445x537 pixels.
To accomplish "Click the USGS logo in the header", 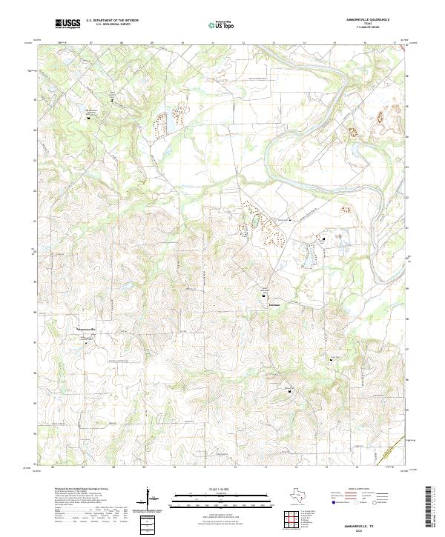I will click(67, 24).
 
